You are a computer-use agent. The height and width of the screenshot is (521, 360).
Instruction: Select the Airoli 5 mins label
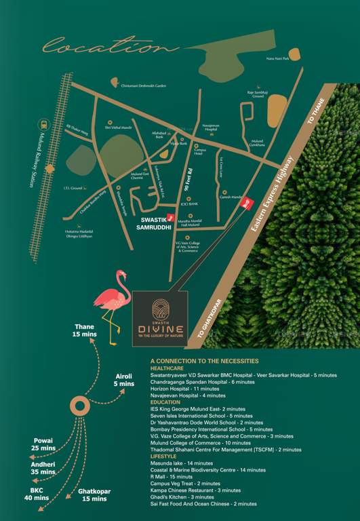(x=124, y=379)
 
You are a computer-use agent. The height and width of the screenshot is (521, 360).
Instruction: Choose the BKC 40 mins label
(x=37, y=493)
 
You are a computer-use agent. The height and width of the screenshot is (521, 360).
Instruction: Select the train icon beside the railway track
(x=43, y=125)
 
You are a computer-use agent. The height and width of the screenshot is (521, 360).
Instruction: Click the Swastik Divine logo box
(x=160, y=315)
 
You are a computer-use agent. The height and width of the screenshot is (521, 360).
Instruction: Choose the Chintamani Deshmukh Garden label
(x=143, y=85)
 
